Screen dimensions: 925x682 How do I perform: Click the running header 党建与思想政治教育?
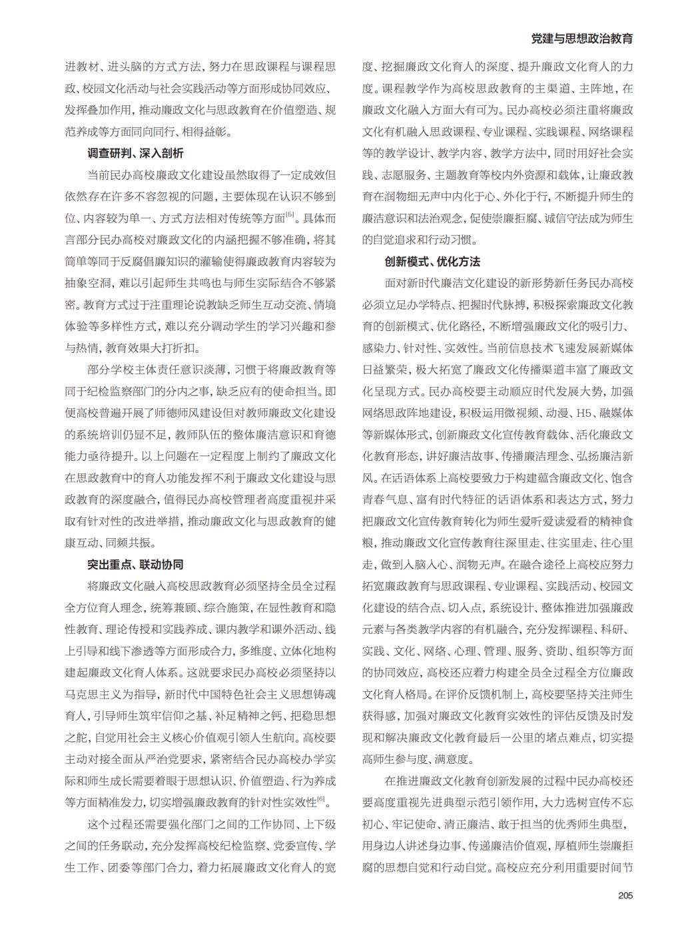pyautogui.click(x=581, y=39)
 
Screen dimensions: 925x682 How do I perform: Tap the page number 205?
pyautogui.click(x=625, y=895)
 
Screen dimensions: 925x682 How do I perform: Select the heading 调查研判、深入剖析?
pyautogui.click(x=135, y=154)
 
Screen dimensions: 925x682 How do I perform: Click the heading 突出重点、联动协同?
pyautogui.click(x=135, y=565)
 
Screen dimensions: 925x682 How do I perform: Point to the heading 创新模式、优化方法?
pyautogui.click(x=432, y=262)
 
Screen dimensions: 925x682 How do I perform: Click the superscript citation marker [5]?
pyautogui.click(x=290, y=214)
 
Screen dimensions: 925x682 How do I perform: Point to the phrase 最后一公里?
pyautogui.click(x=531, y=738)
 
